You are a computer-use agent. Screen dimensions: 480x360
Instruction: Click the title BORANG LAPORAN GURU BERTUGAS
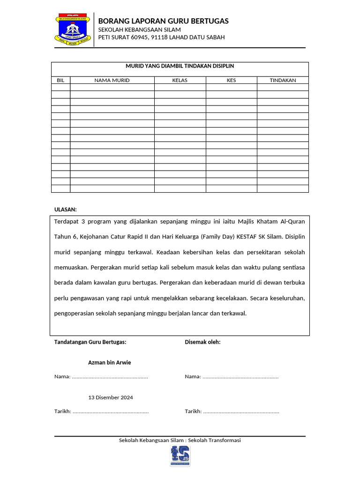pos(163,21)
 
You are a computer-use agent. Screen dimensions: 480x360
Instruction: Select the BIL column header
pos(60,80)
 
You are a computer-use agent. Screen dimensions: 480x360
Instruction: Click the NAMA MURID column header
pos(112,80)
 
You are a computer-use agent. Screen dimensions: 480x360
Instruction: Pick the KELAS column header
pos(180,80)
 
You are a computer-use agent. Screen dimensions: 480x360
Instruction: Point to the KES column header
pos(231,80)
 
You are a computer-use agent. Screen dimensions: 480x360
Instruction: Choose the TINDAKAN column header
pos(283,80)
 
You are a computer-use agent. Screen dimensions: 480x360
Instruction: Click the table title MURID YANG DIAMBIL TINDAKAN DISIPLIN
pos(180,67)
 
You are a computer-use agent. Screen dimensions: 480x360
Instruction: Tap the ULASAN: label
pos(66,210)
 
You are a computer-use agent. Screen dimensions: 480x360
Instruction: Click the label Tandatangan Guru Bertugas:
pos(90,342)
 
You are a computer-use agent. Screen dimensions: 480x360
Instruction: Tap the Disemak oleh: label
pos(202,342)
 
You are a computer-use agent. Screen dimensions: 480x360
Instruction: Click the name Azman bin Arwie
pos(110,362)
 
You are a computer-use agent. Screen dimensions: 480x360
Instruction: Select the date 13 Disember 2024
pos(111,397)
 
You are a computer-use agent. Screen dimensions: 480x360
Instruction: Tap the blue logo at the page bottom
pos(180,456)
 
